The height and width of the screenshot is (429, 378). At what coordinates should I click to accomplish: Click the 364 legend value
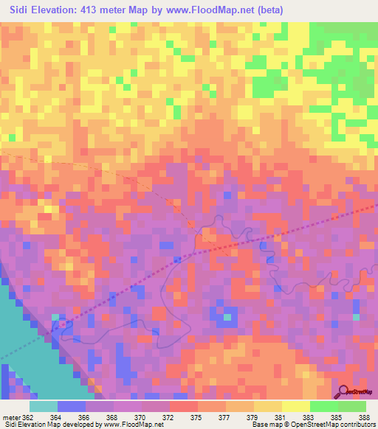click(56, 416)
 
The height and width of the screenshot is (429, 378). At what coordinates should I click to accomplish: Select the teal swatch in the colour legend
click(44, 406)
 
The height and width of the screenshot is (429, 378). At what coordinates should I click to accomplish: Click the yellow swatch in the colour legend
click(296, 406)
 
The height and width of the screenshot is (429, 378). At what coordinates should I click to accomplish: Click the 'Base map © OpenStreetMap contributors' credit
click(313, 425)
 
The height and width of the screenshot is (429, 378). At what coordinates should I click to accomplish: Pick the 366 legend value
click(83, 416)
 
